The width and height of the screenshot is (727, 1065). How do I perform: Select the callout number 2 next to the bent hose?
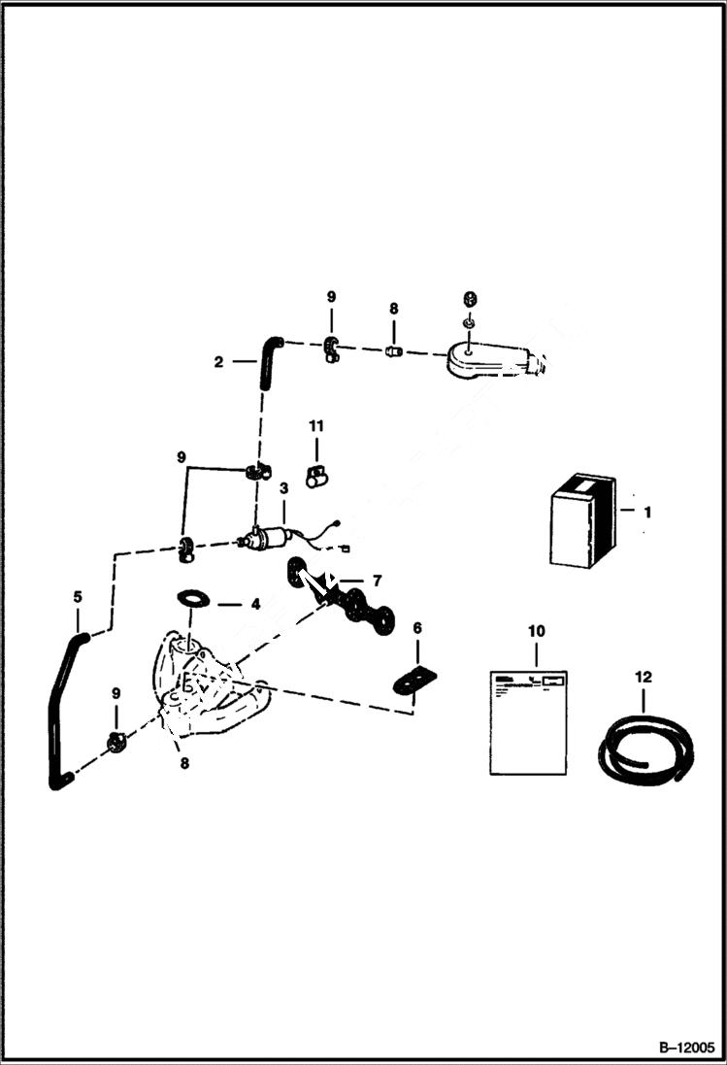pos(218,362)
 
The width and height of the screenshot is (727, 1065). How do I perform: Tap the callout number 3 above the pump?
pos(283,488)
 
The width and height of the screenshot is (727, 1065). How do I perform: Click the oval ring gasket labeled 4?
pos(194,597)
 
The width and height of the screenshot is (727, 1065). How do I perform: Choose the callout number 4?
pos(255,604)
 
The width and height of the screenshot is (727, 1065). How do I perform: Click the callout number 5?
pos(78,597)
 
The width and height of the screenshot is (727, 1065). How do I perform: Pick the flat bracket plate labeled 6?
pos(414,679)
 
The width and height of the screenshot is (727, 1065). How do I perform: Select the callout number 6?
pos(417,629)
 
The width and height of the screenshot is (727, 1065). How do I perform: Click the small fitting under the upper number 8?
pos(394,350)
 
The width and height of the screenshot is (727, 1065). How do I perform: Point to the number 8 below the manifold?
pos(184,763)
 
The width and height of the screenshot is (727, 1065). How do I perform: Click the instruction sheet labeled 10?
pos(527,719)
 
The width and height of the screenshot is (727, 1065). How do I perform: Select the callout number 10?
pos(535,631)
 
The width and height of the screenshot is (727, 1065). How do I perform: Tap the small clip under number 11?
pos(316,475)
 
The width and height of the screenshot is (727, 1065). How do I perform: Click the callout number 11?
pos(316,426)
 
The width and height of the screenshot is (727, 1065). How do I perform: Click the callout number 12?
pos(644,677)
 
